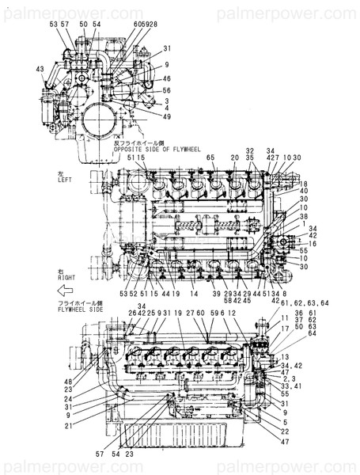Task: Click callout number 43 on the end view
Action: coord(40,69)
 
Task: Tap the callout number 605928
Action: coord(146,25)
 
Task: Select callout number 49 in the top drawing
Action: coord(167,116)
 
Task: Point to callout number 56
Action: coord(167,90)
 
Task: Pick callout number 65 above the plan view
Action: coord(211,158)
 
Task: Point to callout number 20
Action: coord(235,158)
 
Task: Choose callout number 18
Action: coord(304,184)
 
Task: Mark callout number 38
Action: coord(304,216)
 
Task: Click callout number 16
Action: coord(314,245)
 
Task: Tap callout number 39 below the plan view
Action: coord(216,294)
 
